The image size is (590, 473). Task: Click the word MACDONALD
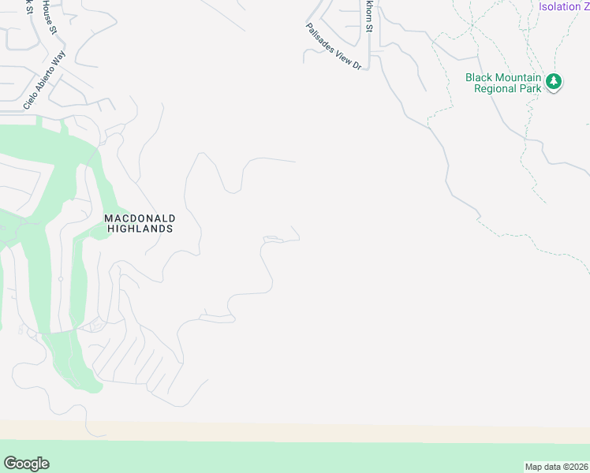[x=140, y=218]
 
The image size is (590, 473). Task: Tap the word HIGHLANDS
[x=140, y=229]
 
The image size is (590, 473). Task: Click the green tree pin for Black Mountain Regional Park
[x=554, y=82]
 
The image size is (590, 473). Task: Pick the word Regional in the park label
[x=494, y=88]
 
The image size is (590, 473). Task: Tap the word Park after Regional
[x=529, y=88]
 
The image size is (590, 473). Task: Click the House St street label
[x=50, y=16]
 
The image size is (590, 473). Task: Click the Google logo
[x=26, y=464]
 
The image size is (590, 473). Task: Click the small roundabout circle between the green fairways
[x=60, y=278]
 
